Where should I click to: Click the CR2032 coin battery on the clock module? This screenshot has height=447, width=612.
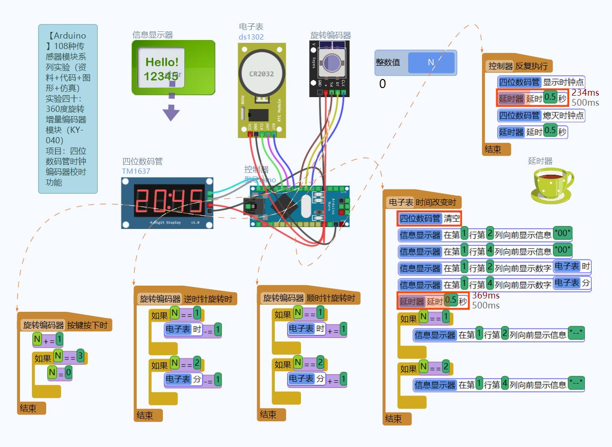pyautogui.click(x=262, y=74)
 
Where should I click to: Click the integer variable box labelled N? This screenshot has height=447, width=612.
pyautogui.click(x=431, y=62)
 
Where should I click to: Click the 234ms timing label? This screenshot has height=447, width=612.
pyautogui.click(x=585, y=93)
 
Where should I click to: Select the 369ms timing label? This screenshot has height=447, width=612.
pyautogui.click(x=486, y=296)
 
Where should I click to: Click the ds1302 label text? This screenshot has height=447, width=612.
pyautogui.click(x=251, y=37)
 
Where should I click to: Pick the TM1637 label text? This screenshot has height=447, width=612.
pyautogui.click(x=136, y=171)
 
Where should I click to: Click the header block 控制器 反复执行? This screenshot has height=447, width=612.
pyautogui.click(x=518, y=66)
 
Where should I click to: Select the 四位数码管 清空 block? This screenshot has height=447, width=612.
pyautogui.click(x=430, y=219)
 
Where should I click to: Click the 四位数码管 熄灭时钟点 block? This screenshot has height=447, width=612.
pyautogui.click(x=541, y=115)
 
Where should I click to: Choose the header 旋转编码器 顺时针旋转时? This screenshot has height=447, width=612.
pyautogui.click(x=309, y=298)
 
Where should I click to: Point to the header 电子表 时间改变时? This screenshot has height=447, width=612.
pyautogui.click(x=422, y=202)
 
